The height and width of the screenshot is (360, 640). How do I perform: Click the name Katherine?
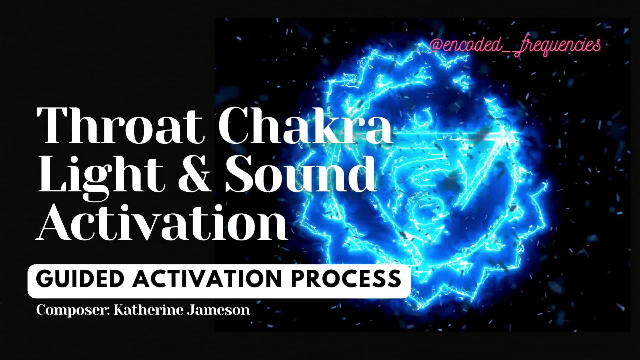[149, 310]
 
